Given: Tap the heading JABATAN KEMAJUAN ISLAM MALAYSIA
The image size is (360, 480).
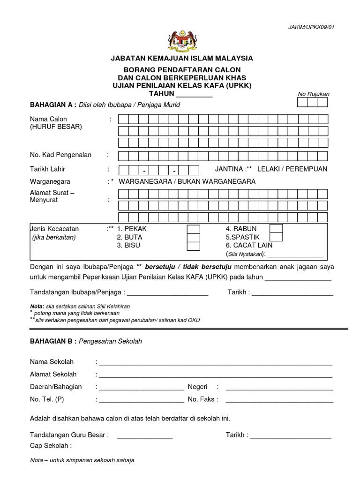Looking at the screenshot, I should click(181, 58).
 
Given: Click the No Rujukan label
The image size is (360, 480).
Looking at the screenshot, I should click(314, 94).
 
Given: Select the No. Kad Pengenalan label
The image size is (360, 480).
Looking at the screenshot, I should click(60, 155).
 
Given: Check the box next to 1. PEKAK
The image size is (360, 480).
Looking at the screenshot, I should click(193, 229).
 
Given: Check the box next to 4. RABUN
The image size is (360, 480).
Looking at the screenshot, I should click(277, 229).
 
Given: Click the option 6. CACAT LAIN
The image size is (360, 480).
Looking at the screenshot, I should click(249, 245).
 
